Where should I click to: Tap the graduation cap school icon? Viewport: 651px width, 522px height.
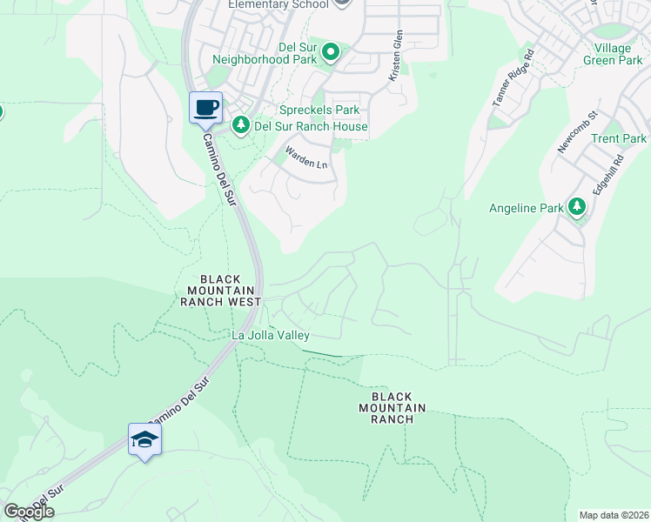(x=144, y=439)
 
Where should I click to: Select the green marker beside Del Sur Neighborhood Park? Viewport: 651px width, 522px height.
(x=331, y=54)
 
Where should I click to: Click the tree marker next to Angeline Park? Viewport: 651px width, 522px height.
(x=575, y=206)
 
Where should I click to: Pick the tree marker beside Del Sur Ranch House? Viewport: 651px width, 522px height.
(x=241, y=125)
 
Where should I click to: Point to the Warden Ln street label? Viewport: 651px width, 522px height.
(x=307, y=157)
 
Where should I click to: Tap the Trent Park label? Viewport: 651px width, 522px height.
(x=618, y=138)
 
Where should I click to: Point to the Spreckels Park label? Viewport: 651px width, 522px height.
(x=319, y=110)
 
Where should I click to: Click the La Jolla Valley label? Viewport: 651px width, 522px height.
(x=270, y=335)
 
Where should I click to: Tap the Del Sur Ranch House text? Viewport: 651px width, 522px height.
(x=310, y=126)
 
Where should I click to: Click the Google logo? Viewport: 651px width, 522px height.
(x=29, y=511)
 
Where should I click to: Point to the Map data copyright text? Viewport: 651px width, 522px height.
(x=614, y=515)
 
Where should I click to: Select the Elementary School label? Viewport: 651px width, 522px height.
(x=279, y=4)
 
